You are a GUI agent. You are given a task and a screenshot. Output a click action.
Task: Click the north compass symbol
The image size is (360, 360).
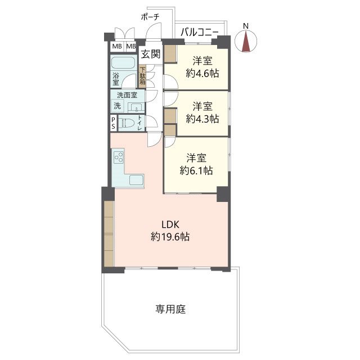246,40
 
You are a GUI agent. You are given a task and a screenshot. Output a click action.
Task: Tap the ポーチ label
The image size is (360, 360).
150,17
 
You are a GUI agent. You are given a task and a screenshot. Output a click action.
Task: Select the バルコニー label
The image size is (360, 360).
199,32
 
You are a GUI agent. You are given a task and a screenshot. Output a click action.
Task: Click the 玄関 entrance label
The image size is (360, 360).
150,54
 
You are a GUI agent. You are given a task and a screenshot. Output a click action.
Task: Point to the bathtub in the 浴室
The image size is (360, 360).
123,62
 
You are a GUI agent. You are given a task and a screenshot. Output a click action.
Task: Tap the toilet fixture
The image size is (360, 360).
128,124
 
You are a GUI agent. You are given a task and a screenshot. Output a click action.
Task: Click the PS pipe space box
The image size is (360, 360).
114,123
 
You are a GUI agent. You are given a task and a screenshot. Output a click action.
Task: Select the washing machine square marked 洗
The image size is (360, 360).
118,106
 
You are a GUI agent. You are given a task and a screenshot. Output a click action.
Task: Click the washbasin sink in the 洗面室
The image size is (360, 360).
136,107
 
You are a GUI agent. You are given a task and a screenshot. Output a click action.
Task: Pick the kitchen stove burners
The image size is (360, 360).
119,157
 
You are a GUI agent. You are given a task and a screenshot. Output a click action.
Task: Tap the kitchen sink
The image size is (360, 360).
136,180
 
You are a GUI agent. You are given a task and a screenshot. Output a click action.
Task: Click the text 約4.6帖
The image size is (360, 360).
202,74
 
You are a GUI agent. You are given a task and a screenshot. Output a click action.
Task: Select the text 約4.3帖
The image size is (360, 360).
202,119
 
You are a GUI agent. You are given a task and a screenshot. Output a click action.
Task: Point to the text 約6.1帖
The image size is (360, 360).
196,170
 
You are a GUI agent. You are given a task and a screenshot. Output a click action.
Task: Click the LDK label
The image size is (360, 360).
170,224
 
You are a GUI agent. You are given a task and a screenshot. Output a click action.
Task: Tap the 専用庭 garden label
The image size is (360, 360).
170,309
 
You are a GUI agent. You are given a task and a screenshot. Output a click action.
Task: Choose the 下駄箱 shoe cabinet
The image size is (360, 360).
142,75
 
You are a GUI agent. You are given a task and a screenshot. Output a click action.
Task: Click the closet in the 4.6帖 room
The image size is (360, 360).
170,53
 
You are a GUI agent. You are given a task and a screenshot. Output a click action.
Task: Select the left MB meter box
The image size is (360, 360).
117,46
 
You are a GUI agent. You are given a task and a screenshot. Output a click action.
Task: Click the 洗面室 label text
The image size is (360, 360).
127,95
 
